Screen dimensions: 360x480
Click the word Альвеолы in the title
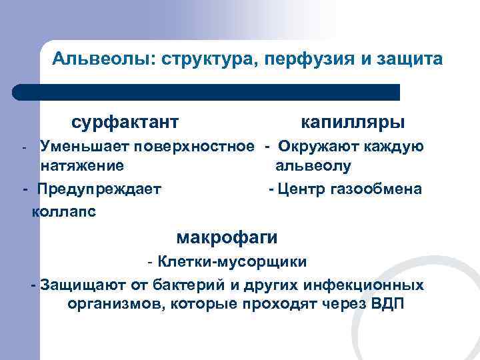click(x=101, y=59)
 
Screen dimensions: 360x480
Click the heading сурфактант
click(x=125, y=122)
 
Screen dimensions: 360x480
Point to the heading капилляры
click(x=352, y=122)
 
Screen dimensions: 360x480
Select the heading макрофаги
click(x=227, y=237)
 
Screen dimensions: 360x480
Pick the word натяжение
click(x=81, y=165)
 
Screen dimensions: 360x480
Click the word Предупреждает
click(x=99, y=189)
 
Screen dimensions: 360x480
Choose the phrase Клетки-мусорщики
click(x=232, y=262)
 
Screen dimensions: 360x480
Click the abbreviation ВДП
click(x=385, y=305)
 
